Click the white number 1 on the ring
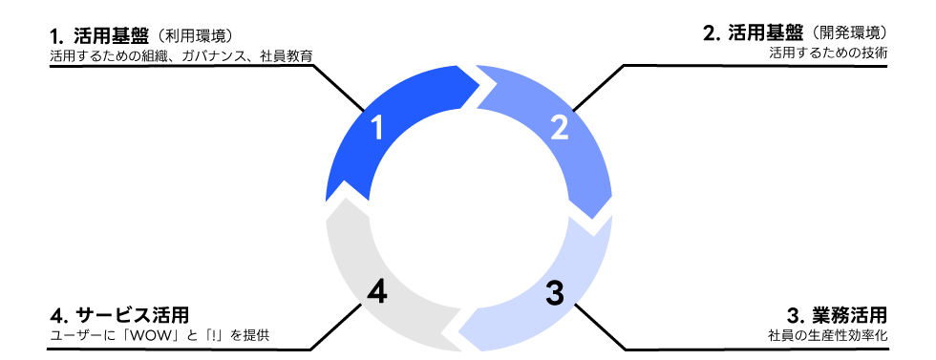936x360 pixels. click(x=377, y=128)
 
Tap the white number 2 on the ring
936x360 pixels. click(x=560, y=128)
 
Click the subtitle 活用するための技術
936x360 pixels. click(x=828, y=53)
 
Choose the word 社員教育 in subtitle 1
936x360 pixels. click(x=287, y=56)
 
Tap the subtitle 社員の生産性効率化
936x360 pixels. click(x=828, y=335)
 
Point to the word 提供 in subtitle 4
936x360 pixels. click(x=257, y=335)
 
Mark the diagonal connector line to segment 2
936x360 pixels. click(x=598, y=89)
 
